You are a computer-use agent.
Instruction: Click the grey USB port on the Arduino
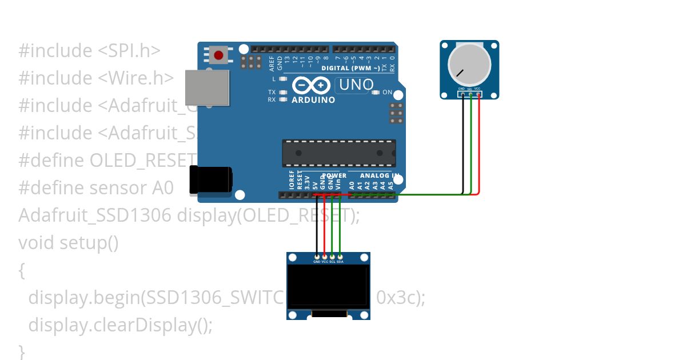(x=207, y=87)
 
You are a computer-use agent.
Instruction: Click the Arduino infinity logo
(x=312, y=86)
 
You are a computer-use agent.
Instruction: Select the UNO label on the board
(x=354, y=85)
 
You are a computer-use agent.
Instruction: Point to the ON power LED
(x=376, y=92)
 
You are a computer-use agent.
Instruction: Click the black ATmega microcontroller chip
(x=338, y=153)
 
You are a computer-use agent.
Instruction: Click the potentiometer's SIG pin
(x=470, y=94)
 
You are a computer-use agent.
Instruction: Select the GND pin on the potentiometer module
(x=462, y=94)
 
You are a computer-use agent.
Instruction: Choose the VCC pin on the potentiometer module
(x=478, y=94)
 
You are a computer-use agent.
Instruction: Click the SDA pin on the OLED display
(x=340, y=257)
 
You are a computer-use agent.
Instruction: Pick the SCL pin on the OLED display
(x=332, y=257)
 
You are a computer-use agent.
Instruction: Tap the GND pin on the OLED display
(x=317, y=257)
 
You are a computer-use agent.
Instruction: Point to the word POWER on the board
(x=334, y=175)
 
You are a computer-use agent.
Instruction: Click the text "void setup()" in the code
(x=69, y=243)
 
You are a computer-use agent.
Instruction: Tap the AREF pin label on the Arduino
(x=272, y=63)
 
